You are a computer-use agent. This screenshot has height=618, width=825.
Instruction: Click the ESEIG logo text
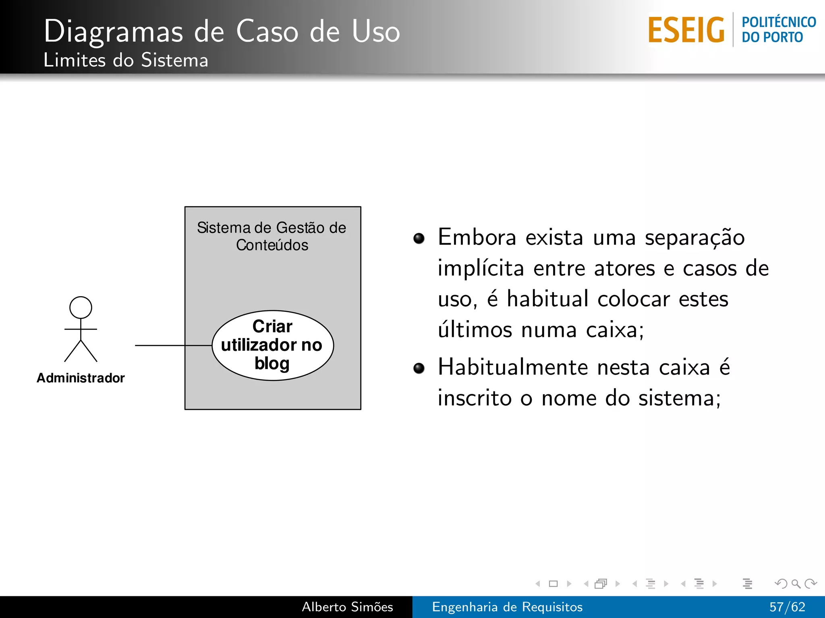[686, 30]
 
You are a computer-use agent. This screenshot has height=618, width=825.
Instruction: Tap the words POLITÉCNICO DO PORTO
[778, 29]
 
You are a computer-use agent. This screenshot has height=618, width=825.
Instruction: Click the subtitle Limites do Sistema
[126, 60]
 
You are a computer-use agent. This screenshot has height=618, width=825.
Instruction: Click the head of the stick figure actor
[81, 307]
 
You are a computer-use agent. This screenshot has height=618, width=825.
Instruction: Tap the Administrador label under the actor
[81, 378]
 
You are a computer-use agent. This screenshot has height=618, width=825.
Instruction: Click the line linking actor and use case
[161, 345]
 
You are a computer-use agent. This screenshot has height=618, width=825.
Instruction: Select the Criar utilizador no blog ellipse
[272, 345]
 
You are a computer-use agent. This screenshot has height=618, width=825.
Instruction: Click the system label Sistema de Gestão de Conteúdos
[272, 236]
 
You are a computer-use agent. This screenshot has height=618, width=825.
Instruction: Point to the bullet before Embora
[419, 239]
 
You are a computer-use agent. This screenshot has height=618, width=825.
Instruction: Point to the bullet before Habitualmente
[419, 368]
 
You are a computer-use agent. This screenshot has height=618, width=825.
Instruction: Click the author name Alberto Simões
[347, 607]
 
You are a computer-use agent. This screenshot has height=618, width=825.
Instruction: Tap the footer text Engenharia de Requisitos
[507, 607]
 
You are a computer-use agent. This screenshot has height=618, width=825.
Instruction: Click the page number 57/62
[787, 607]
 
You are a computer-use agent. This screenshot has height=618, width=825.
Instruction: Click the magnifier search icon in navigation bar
[796, 583]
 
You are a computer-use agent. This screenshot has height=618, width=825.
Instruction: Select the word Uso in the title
[375, 31]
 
